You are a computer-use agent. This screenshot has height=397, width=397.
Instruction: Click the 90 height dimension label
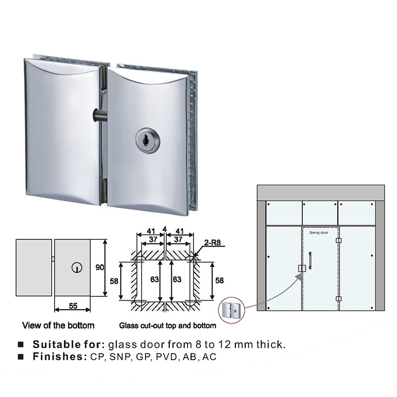pyautogui.click(x=100, y=267)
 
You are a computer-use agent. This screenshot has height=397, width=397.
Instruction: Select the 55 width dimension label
pyautogui.click(x=73, y=306)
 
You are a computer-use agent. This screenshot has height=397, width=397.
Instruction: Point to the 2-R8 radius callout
pyautogui.click(x=212, y=243)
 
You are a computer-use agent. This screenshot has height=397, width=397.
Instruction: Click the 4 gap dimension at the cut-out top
pyautogui.click(x=165, y=229)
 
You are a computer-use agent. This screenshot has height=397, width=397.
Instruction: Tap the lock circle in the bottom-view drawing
pyautogui.click(x=77, y=267)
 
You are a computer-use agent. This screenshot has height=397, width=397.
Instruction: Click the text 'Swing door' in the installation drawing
pyautogui.click(x=319, y=232)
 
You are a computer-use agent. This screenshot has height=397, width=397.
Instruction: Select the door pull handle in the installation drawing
pyautogui.click(x=310, y=261)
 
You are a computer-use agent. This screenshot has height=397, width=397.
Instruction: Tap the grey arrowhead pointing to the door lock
pyautogui.click(x=299, y=276)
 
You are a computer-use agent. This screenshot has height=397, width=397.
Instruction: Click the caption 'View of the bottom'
pyautogui.click(x=58, y=326)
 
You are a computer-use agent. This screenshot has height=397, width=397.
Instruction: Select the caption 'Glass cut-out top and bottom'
pyautogui.click(x=168, y=326)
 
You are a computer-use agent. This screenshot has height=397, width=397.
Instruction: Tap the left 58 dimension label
pyautogui.click(x=114, y=281)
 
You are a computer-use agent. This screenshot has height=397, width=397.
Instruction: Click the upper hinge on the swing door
pyautogui.click(x=338, y=240)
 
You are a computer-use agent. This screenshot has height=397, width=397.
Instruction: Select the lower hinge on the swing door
pyautogui.click(x=338, y=299)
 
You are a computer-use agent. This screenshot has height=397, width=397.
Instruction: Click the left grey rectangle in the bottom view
pyautogui.click(x=34, y=267)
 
